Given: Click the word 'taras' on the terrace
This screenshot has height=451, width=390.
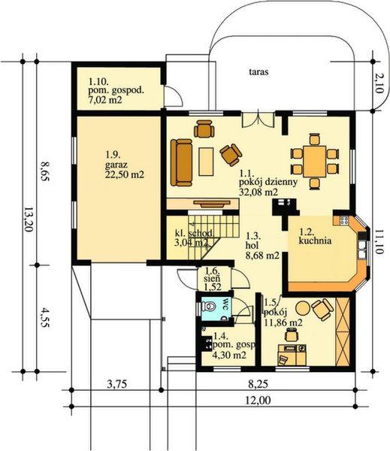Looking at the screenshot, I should tap(260, 73).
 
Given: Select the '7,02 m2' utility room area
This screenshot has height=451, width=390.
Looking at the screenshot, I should tap(105, 98).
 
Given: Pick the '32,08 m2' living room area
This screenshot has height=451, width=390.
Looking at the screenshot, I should tap(258, 192).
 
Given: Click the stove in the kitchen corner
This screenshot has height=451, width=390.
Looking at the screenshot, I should tap(346, 221).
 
